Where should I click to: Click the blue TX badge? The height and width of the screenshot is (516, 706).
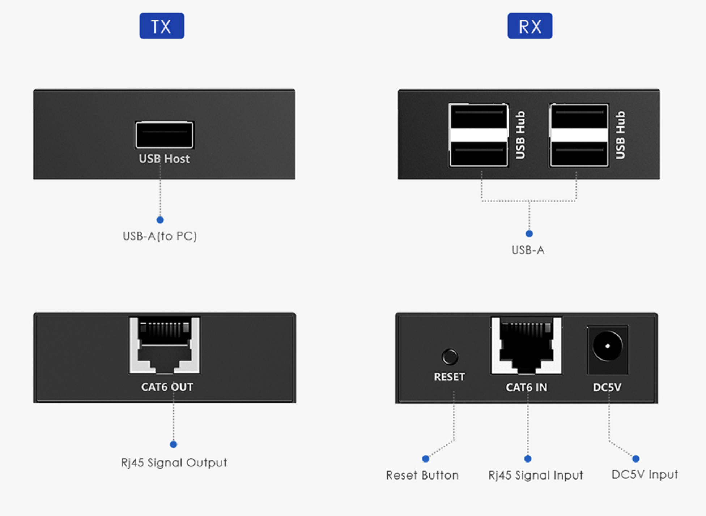(162, 26)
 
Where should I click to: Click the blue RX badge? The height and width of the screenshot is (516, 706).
(529, 26)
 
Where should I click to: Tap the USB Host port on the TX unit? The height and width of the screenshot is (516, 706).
(164, 135)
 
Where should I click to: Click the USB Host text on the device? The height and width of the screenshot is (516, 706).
(164, 159)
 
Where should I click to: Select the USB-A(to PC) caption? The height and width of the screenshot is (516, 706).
(160, 236)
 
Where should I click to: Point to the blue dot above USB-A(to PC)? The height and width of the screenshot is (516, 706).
(160, 220)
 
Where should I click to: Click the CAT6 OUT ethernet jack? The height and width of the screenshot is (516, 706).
(165, 345)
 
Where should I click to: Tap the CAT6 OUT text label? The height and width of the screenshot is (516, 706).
(167, 387)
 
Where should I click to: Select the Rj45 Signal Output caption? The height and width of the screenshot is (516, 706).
(174, 463)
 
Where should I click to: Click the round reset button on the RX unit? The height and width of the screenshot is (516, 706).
(450, 357)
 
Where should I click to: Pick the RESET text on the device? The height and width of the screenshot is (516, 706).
(449, 377)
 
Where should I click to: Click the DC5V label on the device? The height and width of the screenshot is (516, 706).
(607, 387)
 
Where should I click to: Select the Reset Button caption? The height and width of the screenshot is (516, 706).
(422, 475)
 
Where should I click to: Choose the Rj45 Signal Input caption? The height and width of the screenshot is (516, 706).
(535, 475)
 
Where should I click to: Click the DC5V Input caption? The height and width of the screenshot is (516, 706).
(645, 474)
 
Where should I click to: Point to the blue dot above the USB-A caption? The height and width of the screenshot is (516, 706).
(529, 234)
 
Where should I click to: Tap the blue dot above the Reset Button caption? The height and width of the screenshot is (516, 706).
(425, 459)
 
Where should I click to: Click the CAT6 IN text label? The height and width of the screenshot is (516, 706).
(526, 387)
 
